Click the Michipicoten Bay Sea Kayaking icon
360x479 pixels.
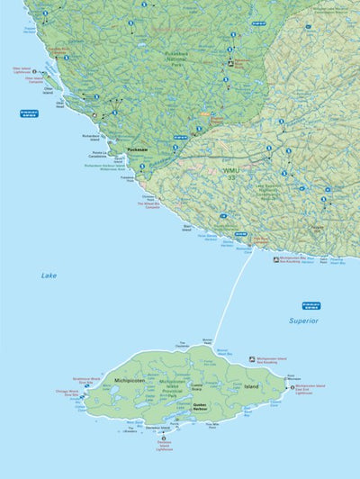(x=276, y=259)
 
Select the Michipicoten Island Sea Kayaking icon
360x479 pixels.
(x=253, y=358)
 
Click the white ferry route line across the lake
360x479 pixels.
(x=229, y=297)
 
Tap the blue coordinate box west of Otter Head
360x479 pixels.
(x=29, y=113)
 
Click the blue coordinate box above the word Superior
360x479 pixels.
(x=311, y=305)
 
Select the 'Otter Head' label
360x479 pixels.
(x=60, y=104)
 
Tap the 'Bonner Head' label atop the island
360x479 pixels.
(x=207, y=340)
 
